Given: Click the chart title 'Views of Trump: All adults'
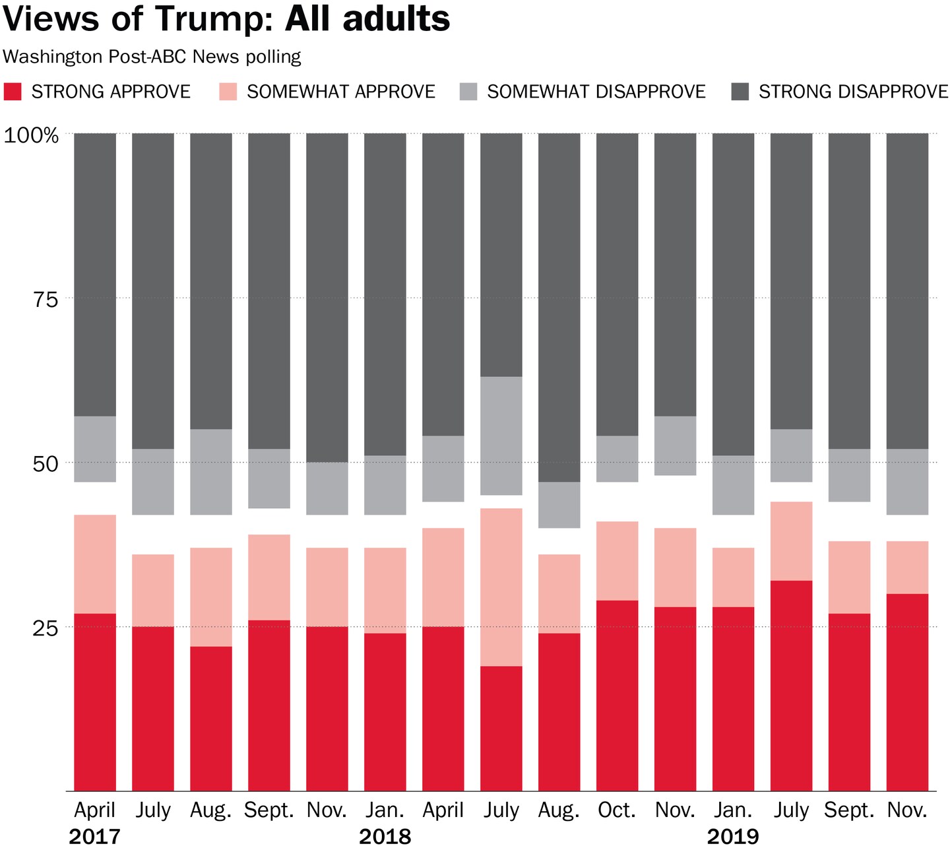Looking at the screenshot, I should click(x=226, y=18).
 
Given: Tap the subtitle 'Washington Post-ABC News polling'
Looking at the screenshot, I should click(x=152, y=57).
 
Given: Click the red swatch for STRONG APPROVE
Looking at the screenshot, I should click(x=13, y=91).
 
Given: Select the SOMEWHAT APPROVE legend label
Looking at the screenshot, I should click(x=340, y=91).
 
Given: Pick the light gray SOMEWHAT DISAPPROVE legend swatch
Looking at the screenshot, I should click(x=468, y=91).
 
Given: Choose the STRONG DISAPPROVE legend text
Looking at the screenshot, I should click(x=853, y=91).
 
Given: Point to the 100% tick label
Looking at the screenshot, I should click(x=32, y=135).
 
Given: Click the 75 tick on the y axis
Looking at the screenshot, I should click(x=45, y=300).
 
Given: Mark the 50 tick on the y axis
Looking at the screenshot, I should click(x=45, y=463).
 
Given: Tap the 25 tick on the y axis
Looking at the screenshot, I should click(x=45, y=628).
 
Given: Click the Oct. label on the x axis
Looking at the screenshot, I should click(x=616, y=810).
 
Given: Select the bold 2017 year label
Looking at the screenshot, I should click(x=94, y=837).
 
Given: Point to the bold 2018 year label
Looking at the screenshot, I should click(x=385, y=837).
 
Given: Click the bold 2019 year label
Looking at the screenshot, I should click(x=732, y=837).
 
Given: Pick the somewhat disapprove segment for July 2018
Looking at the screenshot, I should click(x=501, y=436).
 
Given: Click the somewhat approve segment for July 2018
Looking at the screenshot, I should click(x=501, y=587).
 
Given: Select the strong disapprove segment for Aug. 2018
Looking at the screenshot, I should click(x=559, y=308).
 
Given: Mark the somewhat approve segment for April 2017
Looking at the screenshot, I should click(x=94, y=564).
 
